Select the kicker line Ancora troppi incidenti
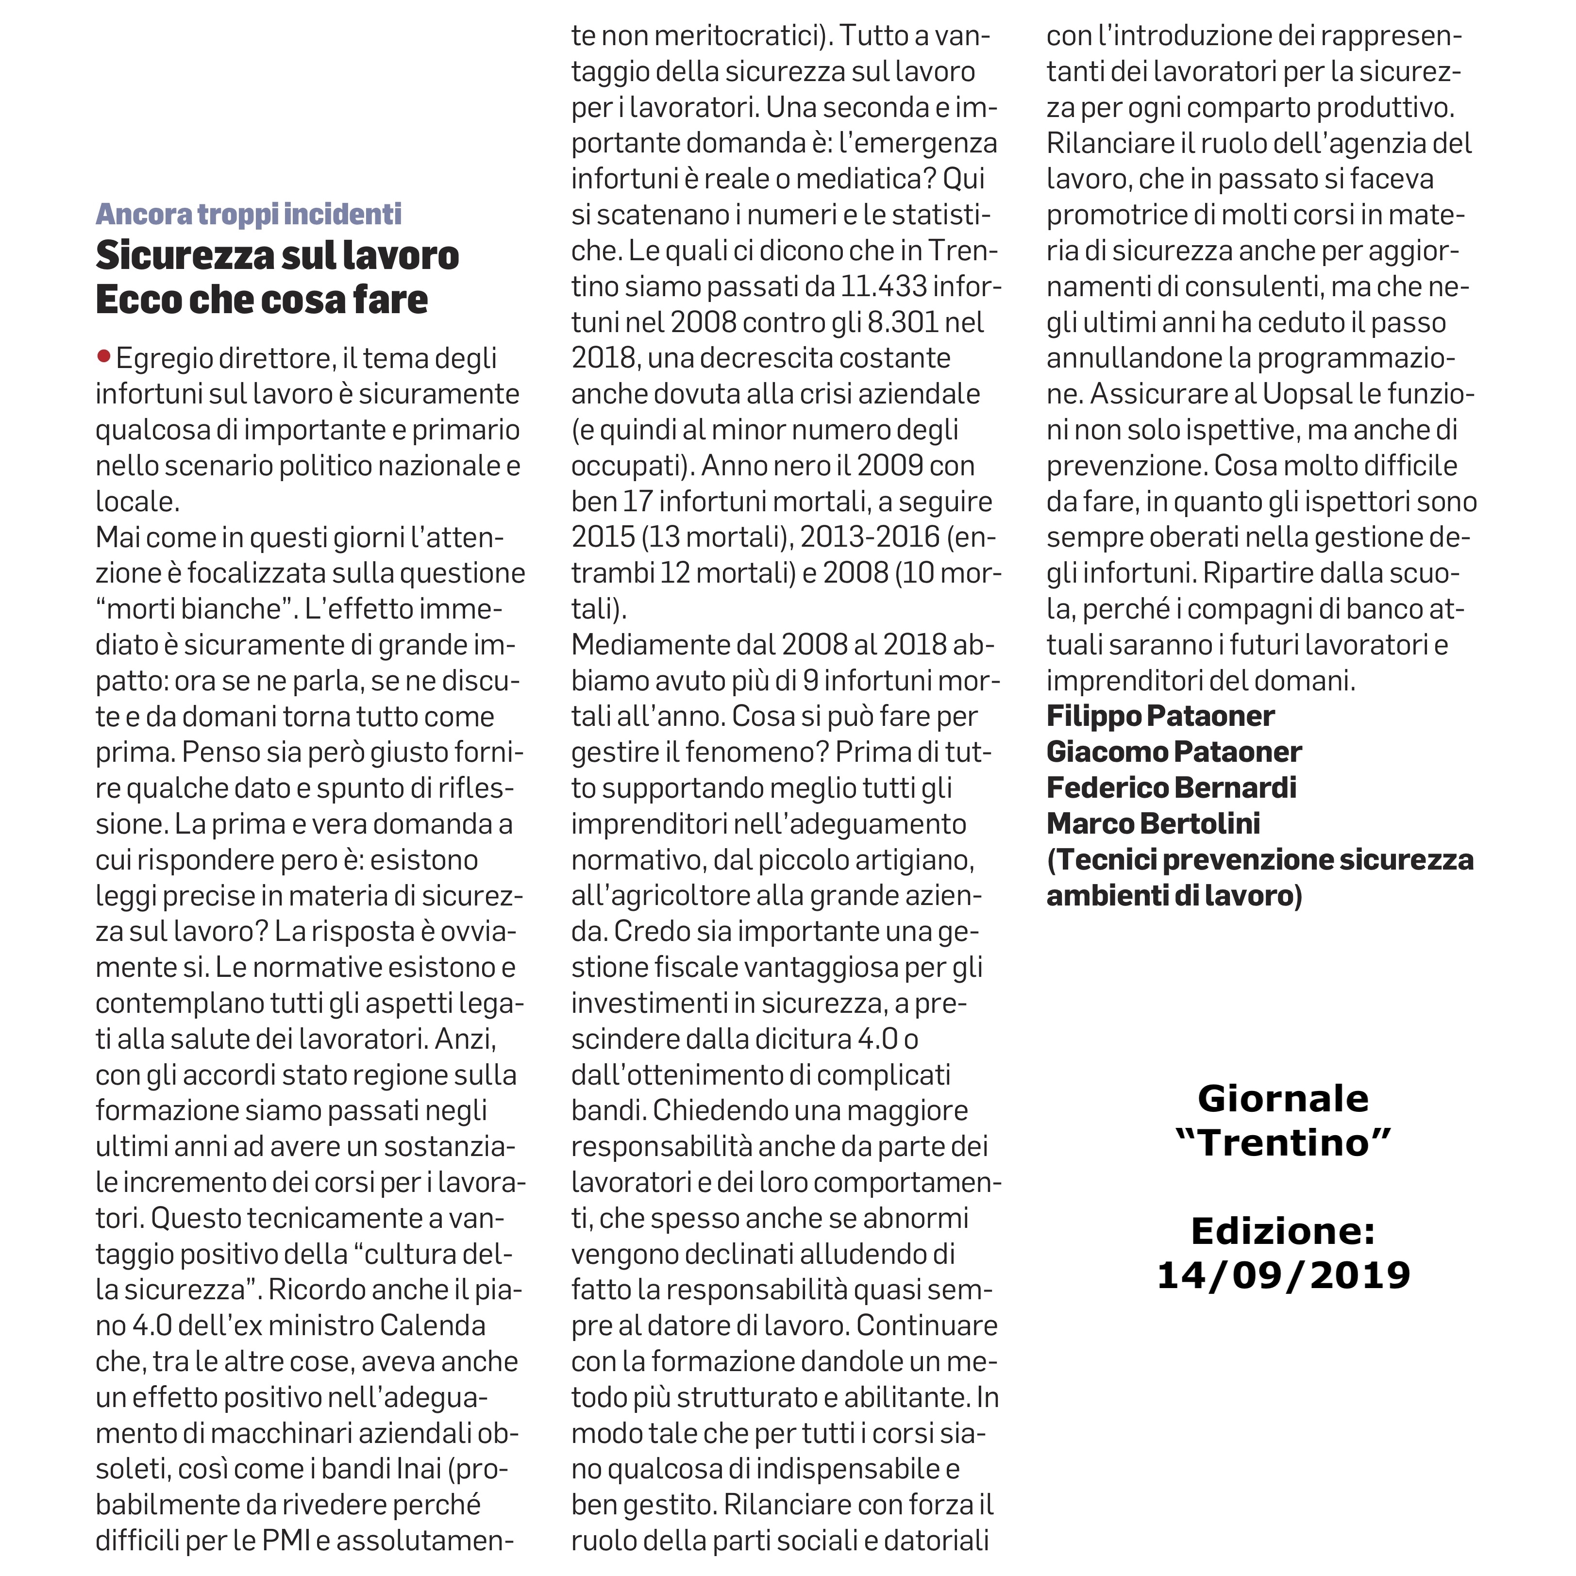(x=248, y=214)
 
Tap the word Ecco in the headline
(x=137, y=300)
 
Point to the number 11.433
(x=884, y=286)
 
